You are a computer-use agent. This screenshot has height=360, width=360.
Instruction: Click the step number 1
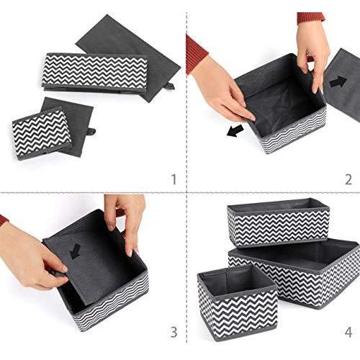pos(174,179)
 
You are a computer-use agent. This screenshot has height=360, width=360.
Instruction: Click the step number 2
pos(348,179)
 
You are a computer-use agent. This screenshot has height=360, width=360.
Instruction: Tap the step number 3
pos(174,332)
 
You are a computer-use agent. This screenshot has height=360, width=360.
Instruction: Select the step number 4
pos(348,332)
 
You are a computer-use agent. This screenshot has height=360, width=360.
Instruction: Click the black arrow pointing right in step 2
pos(338,81)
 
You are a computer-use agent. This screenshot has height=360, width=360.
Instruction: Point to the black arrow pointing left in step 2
pos(235,131)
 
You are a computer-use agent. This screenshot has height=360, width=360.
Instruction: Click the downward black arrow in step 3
pos(76,251)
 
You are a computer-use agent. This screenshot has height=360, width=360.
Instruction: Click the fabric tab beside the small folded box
pos(92,132)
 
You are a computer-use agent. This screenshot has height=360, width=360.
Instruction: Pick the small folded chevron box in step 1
pos(42,133)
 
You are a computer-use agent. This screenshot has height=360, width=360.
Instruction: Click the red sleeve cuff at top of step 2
pos(311,18)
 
